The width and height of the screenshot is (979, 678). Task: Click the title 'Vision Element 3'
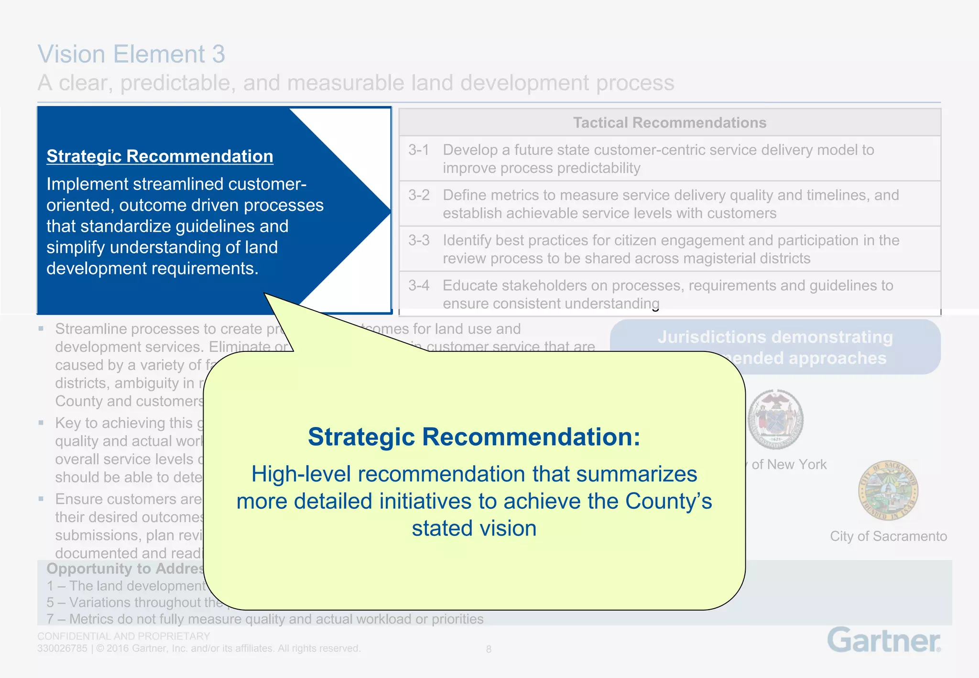click(131, 54)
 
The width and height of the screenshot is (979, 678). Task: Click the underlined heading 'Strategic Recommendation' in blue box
click(160, 156)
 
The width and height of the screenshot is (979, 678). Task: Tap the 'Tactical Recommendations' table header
click(669, 123)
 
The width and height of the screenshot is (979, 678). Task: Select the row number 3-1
click(419, 150)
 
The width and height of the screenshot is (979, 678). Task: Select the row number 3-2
click(419, 196)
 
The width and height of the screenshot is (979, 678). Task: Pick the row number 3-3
click(419, 241)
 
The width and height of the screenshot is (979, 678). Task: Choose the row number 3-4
click(419, 286)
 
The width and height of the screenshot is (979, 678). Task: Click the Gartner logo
click(884, 640)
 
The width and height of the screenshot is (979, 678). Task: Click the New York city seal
click(775, 419)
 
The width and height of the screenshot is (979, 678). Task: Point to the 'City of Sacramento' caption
click(888, 536)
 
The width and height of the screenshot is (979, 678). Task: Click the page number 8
click(489, 649)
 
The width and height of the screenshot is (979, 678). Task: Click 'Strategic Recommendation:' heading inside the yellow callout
click(474, 437)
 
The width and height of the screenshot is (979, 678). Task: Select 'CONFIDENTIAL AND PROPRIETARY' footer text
click(123, 636)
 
